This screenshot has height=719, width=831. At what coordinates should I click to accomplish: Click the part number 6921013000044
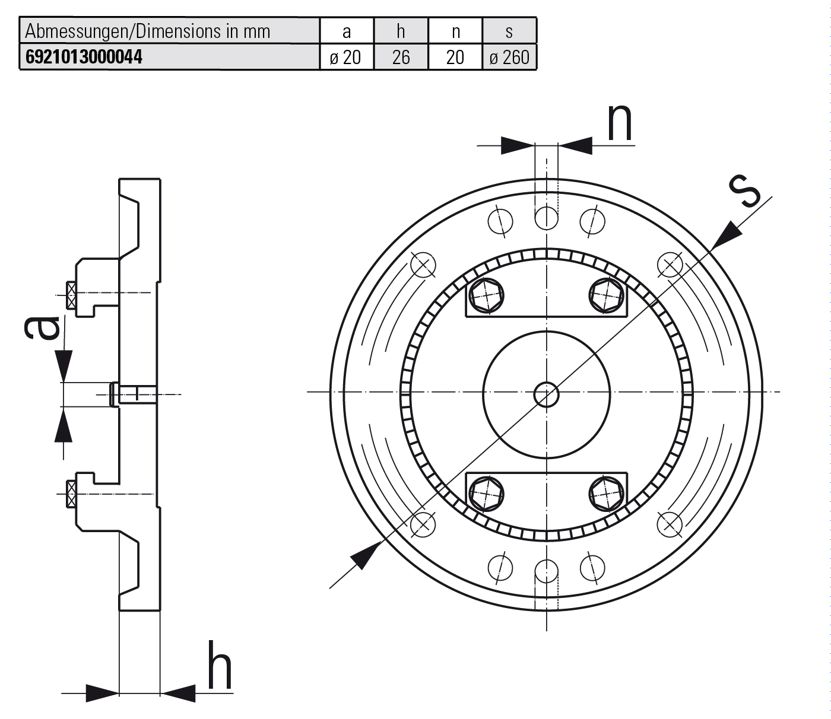(x=84, y=57)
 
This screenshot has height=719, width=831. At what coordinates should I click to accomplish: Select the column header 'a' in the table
(x=347, y=31)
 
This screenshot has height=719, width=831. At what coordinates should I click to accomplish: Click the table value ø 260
(x=509, y=57)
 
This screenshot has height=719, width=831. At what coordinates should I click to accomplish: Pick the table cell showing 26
(x=401, y=57)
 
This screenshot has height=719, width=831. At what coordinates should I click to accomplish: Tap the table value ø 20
(x=347, y=57)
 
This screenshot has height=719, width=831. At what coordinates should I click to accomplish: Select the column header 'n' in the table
(x=455, y=31)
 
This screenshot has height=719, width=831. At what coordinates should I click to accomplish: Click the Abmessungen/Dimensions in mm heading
(x=148, y=31)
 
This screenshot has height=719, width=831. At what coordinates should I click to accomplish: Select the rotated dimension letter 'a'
(x=43, y=327)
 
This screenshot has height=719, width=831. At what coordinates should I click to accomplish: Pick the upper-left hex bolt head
(x=486, y=294)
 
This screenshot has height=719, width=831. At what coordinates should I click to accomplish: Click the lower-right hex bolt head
(x=607, y=493)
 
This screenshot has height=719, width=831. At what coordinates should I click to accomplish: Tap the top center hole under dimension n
(x=547, y=218)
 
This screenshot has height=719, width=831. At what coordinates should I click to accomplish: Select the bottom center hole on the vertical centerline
(x=547, y=571)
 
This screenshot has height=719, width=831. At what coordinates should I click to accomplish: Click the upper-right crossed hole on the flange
(x=670, y=265)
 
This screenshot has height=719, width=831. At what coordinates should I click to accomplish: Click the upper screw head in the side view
(x=71, y=295)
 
